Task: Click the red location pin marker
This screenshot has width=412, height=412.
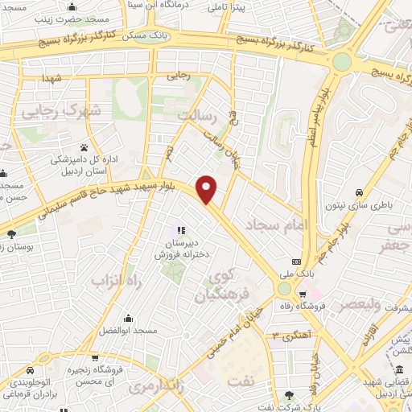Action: tap(208, 188)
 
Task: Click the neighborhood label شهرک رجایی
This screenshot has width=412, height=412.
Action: tap(61, 109)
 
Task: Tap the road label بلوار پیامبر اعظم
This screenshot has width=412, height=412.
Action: tap(319, 121)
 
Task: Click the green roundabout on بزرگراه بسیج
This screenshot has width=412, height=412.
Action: tap(343, 61)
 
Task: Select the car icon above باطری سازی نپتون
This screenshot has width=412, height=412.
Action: tap(360, 192)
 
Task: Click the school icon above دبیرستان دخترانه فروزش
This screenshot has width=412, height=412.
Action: tap(182, 230)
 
